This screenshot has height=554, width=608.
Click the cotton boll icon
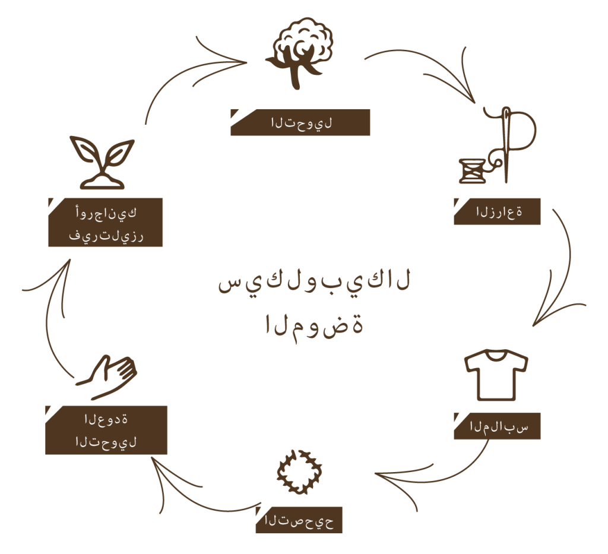pyautogui.click(x=299, y=52)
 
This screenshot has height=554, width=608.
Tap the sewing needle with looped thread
pyautogui.click(x=508, y=144)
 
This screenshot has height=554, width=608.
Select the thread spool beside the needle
pyautogui.click(x=472, y=170)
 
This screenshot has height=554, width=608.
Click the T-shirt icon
pyautogui.click(x=496, y=375)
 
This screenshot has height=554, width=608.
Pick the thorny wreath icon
pyautogui.click(x=299, y=472)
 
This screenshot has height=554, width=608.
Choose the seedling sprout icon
pyautogui.click(x=102, y=163)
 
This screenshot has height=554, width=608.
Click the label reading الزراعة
pyautogui.click(x=499, y=212)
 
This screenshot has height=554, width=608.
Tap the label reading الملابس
pyautogui.click(x=499, y=427)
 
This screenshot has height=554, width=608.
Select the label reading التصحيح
pyautogui.click(x=299, y=521)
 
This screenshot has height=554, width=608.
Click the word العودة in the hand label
pyautogui.click(x=106, y=419)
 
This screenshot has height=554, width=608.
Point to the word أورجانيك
pyautogui.click(x=106, y=213)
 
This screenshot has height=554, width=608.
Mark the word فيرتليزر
pyautogui.click(x=106, y=236)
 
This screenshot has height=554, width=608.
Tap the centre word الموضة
pyautogui.click(x=314, y=325)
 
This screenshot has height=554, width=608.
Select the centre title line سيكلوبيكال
pyautogui.click(x=314, y=282)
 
